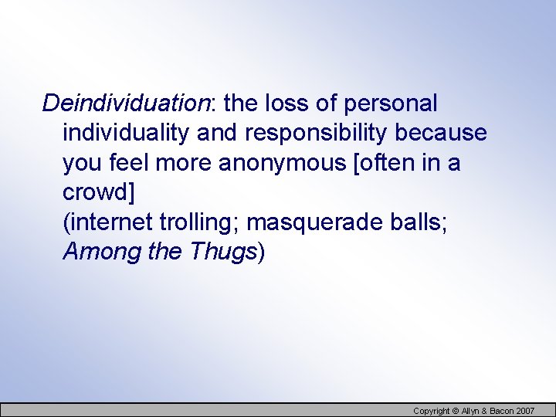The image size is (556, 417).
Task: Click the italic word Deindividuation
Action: [125, 103]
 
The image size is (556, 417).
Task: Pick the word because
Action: [441, 133]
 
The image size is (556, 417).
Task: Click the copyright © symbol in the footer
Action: [456, 411]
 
